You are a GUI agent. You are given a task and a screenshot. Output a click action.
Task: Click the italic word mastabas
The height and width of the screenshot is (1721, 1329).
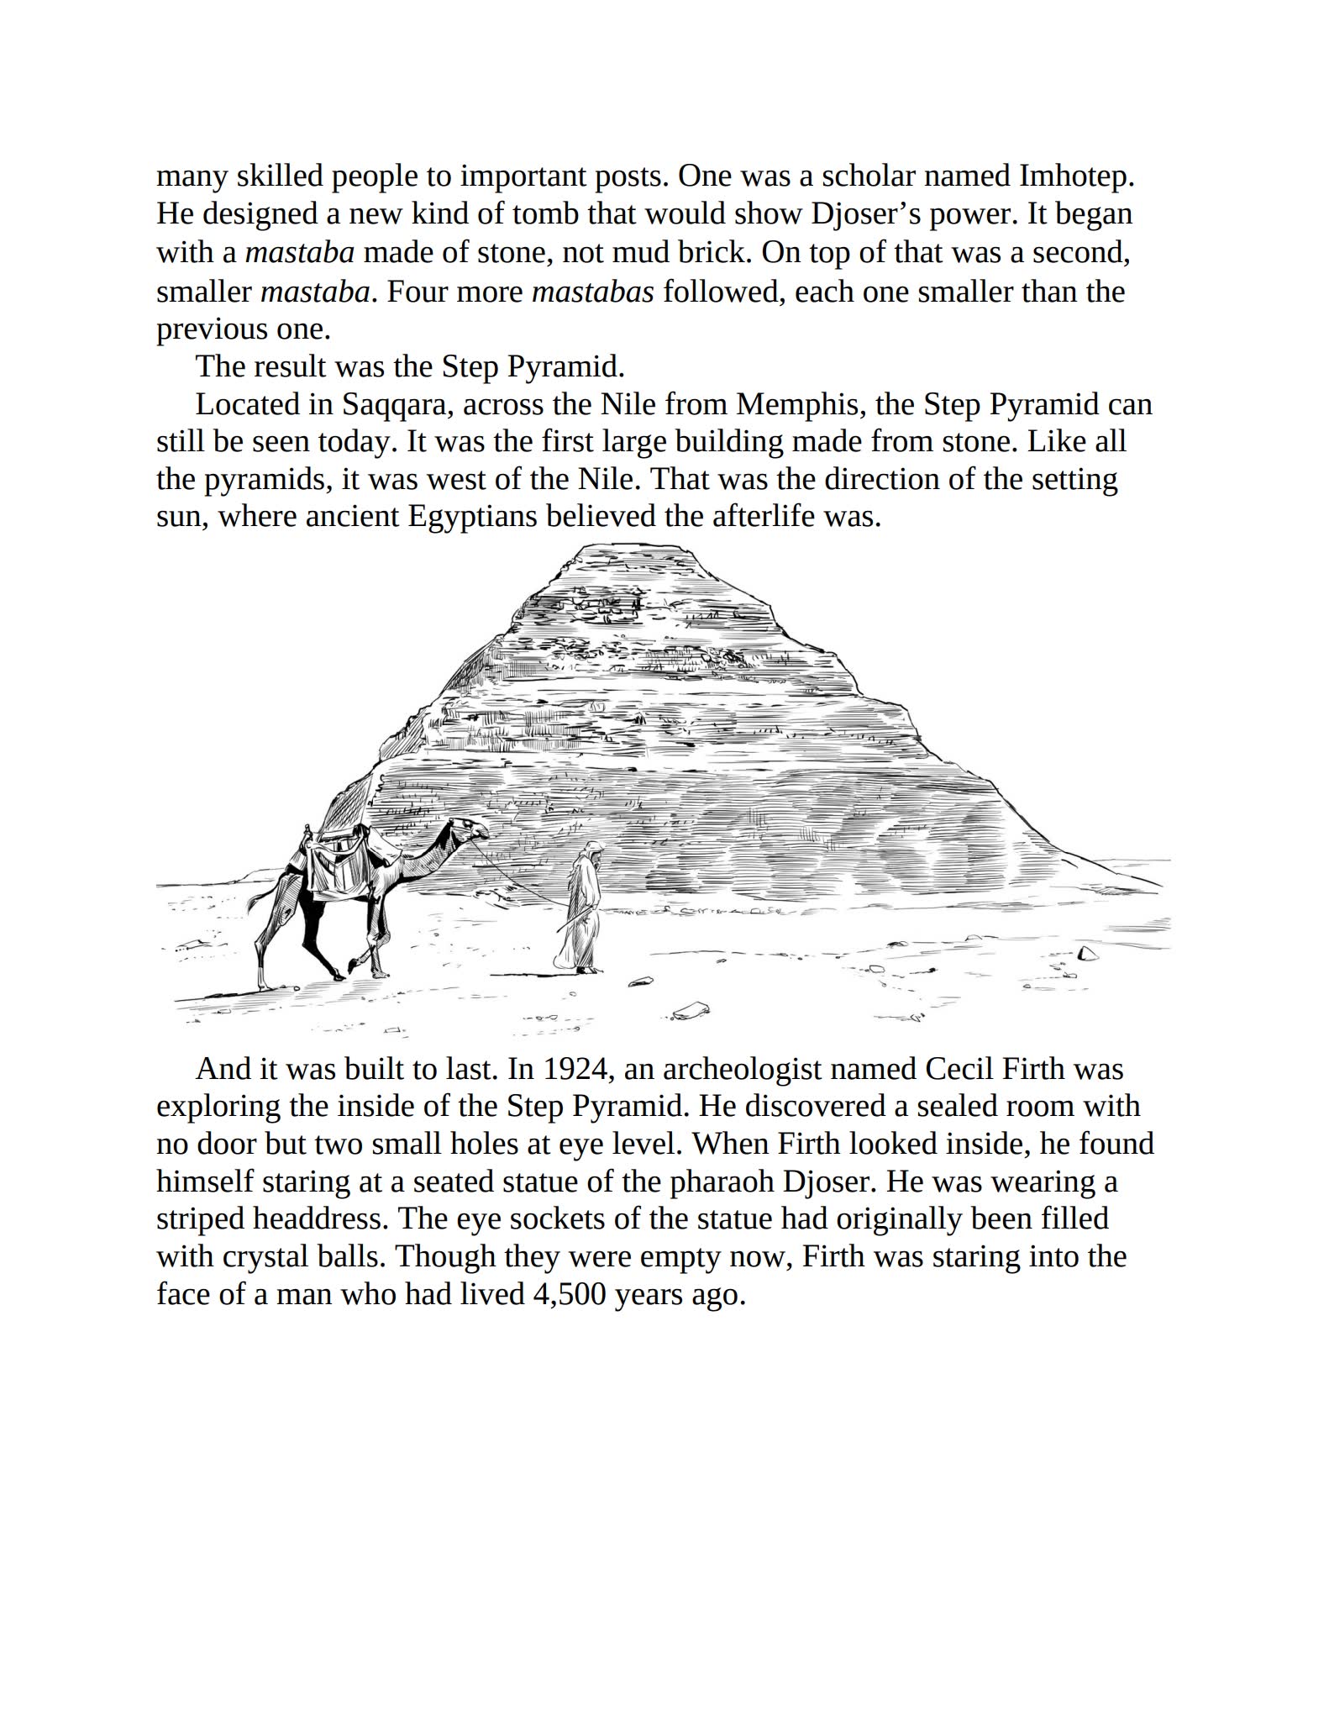pyautogui.click(x=593, y=292)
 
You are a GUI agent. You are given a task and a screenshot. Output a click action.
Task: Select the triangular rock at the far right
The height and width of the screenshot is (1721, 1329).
pyautogui.click(x=1086, y=952)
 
